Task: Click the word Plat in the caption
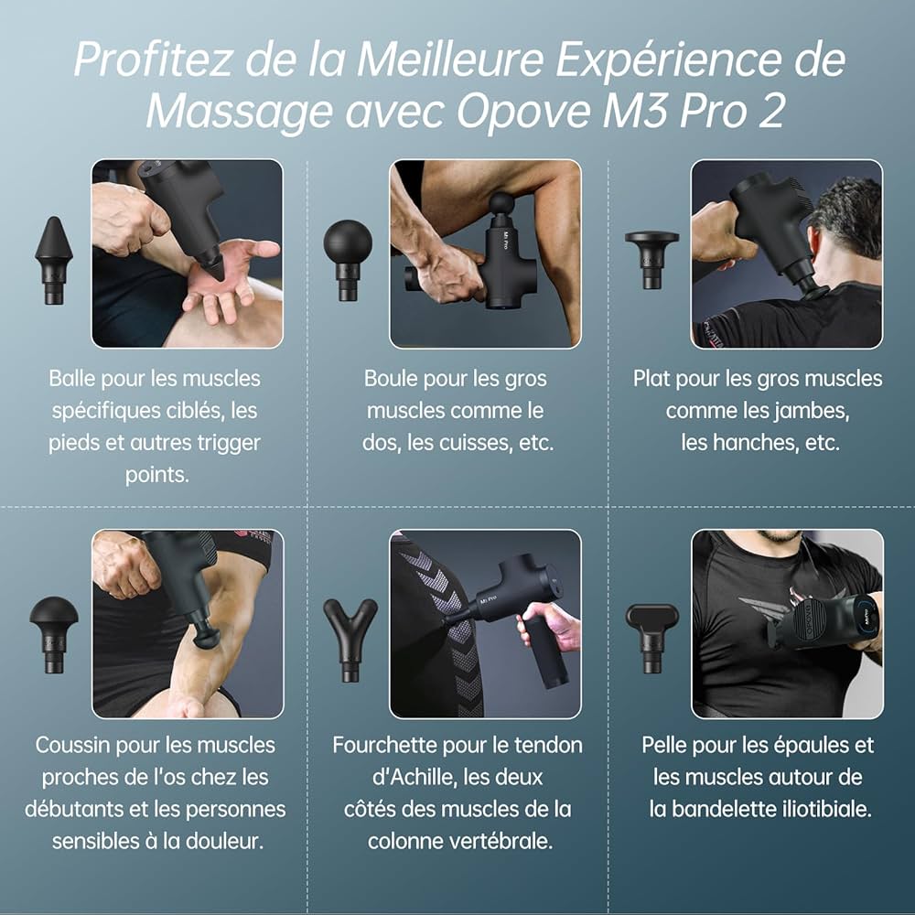point(652,378)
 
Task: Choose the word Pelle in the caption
point(664,745)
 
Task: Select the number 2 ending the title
point(771,111)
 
